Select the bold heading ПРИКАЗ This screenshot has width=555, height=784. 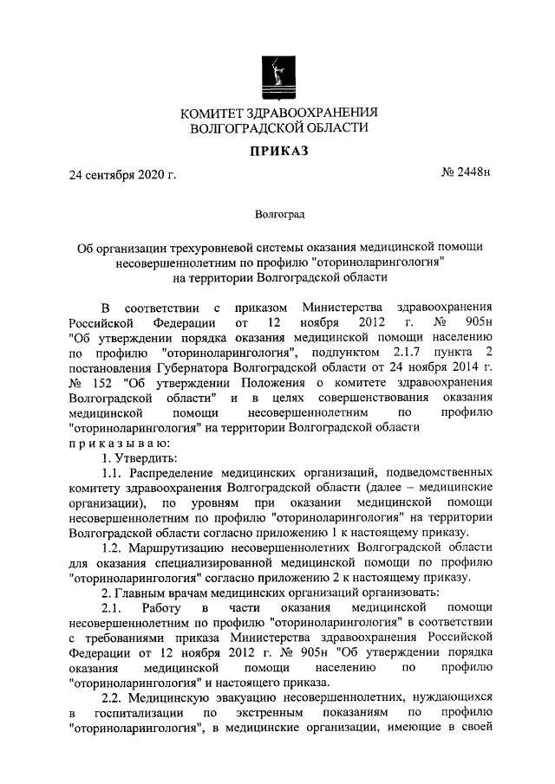click(277, 152)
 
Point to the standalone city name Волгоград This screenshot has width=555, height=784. click(278, 212)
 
